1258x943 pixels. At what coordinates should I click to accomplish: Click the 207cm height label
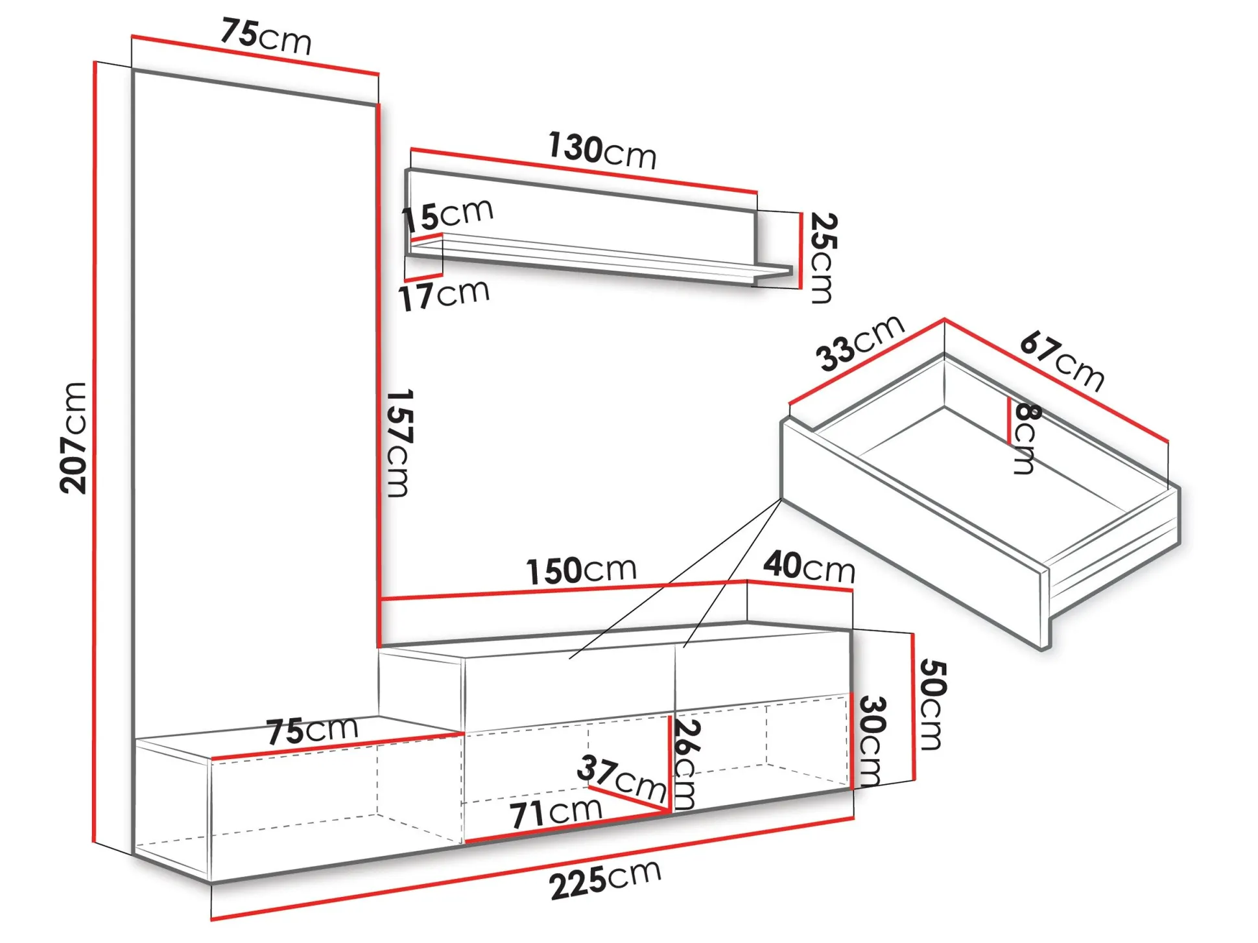pos(73,438)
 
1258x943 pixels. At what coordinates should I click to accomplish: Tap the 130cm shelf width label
pos(602,150)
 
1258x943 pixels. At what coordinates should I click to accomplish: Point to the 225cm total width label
pos(606,879)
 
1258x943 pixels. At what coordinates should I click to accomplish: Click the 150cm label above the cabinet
pos(581,570)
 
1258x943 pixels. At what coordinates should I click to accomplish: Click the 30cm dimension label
pos(872,741)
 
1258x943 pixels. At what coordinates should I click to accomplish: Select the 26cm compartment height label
pos(685,764)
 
